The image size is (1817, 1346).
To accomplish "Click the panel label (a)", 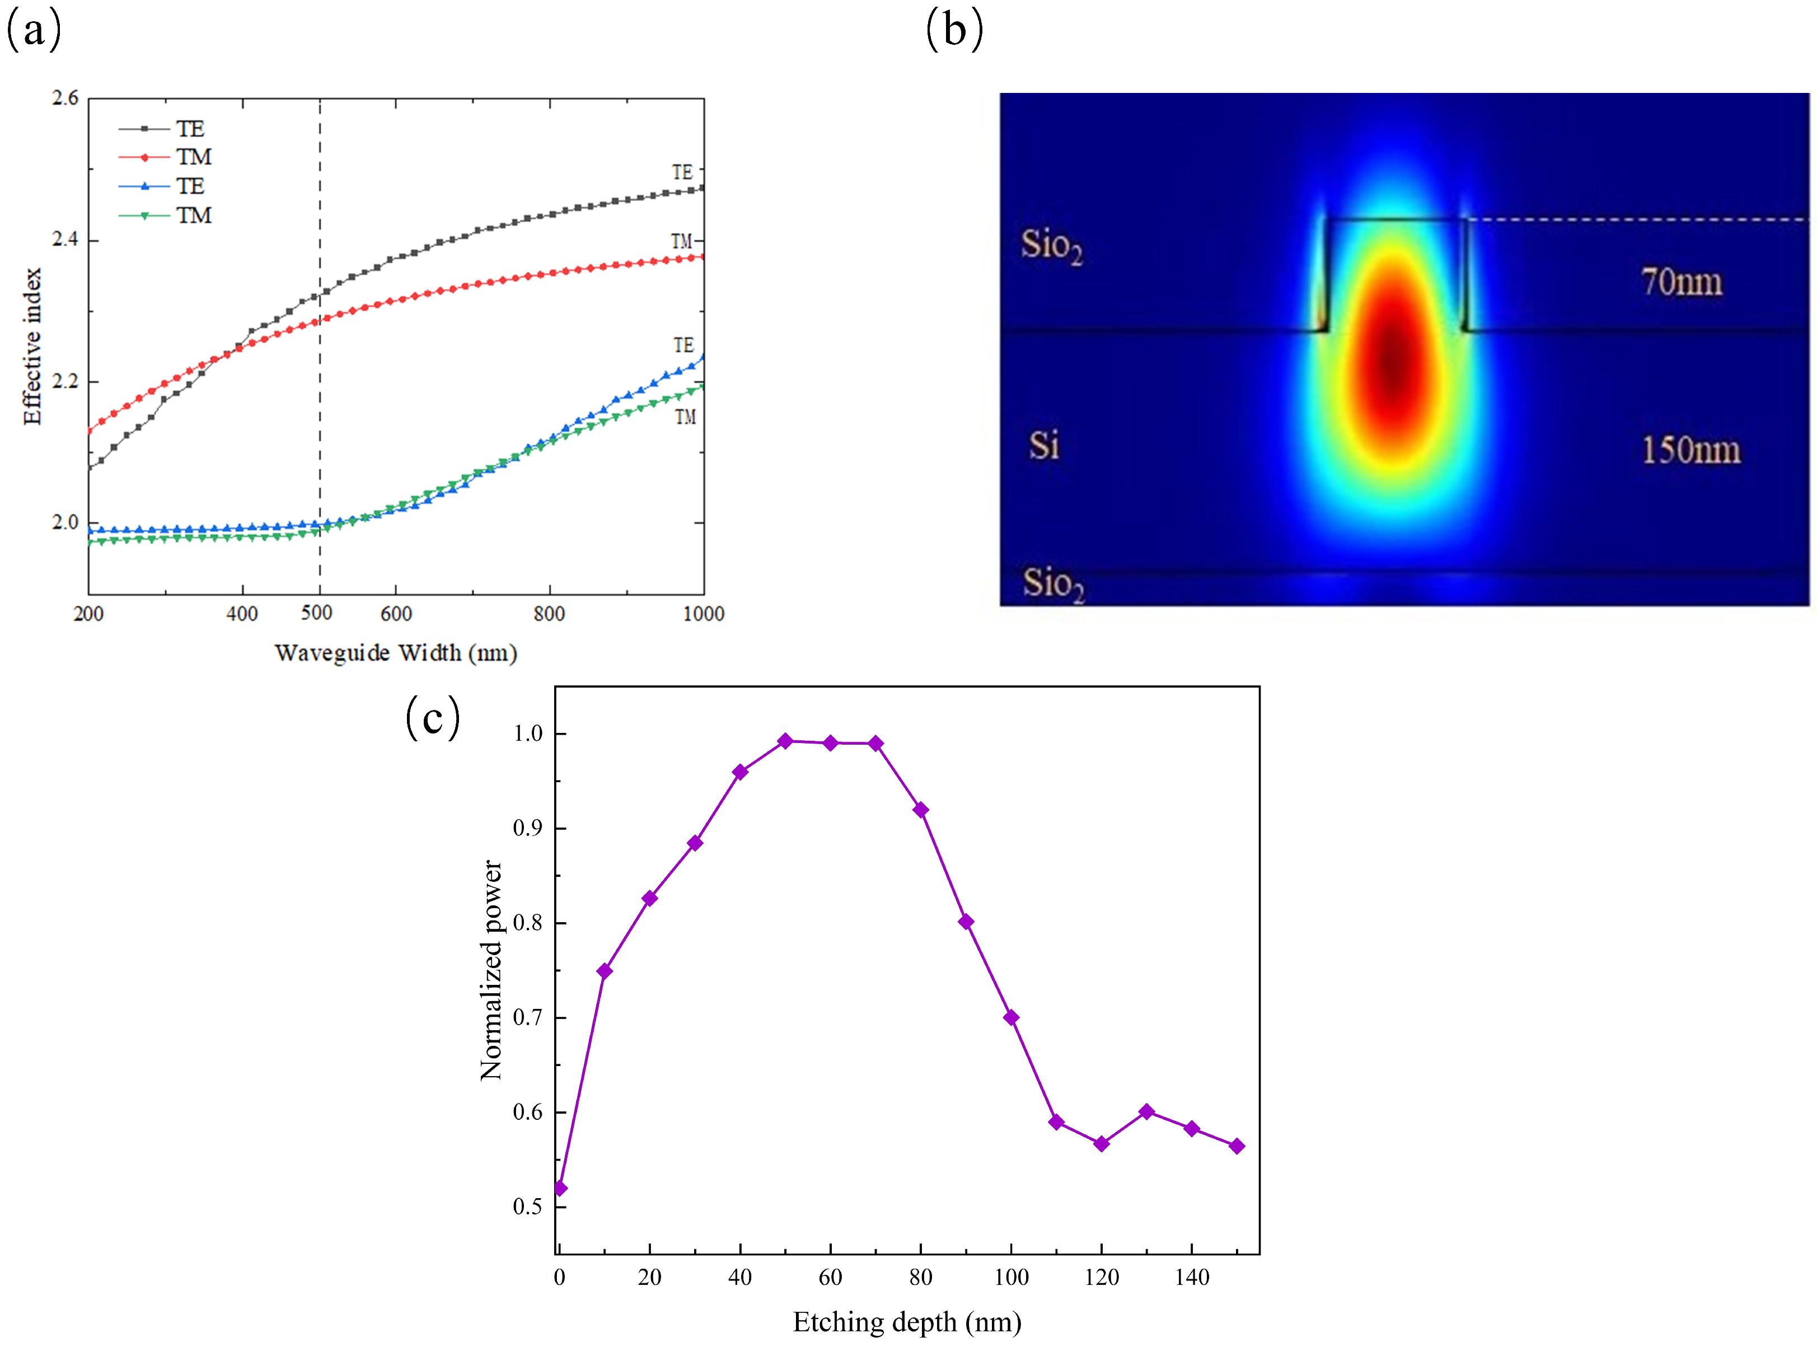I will click(34, 31).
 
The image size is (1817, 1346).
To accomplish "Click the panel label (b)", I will click(954, 31).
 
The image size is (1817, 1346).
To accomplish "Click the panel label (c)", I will click(433, 718).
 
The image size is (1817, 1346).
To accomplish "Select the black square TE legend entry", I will click(162, 129).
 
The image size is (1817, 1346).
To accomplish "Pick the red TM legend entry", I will click(165, 156).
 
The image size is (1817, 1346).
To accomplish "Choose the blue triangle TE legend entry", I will click(162, 186).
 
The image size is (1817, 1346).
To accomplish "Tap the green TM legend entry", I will click(165, 215).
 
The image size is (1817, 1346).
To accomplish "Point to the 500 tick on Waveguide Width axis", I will click(317, 613).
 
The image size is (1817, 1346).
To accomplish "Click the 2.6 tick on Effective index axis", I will click(65, 99).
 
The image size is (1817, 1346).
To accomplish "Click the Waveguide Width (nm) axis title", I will click(396, 653).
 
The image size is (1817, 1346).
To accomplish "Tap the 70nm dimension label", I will click(1682, 282).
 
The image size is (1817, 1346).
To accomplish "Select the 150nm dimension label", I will click(1690, 450).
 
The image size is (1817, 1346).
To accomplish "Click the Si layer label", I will click(1043, 446).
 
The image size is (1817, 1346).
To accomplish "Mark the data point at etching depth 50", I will click(785, 741).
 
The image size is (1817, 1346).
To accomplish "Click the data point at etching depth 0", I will click(560, 1189).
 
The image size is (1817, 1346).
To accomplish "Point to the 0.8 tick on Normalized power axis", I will click(528, 923).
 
